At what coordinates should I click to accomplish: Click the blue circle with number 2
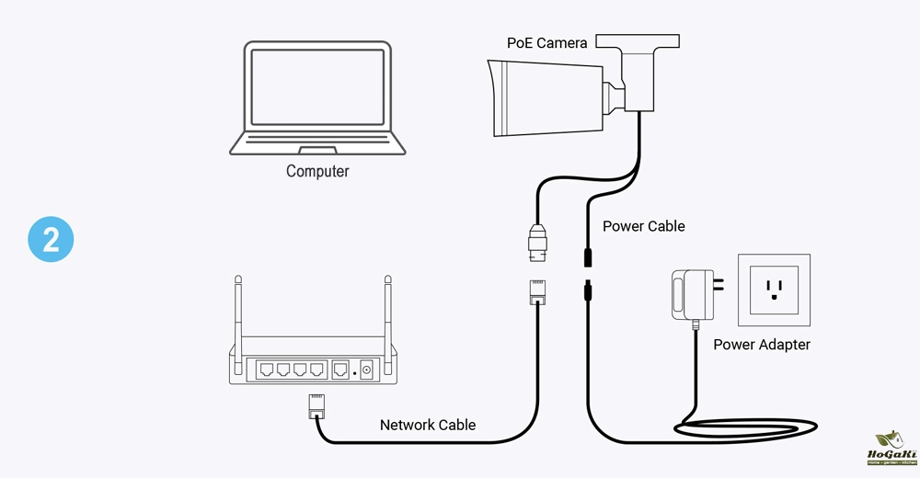click(x=50, y=239)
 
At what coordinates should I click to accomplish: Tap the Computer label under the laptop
click(x=317, y=171)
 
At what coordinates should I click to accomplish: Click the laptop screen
click(x=316, y=88)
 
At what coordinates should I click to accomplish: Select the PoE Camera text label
click(x=547, y=43)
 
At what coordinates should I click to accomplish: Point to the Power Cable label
click(x=644, y=226)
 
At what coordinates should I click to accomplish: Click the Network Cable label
click(x=428, y=425)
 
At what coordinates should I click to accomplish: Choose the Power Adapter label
click(x=762, y=345)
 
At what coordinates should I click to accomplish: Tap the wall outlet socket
click(x=776, y=290)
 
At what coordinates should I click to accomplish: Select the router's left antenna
click(x=237, y=313)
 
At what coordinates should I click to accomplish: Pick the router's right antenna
click(x=386, y=313)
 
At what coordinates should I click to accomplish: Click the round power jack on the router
click(x=367, y=370)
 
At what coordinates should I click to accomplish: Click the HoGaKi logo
click(x=887, y=450)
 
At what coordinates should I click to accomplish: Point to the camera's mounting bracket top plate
click(x=638, y=41)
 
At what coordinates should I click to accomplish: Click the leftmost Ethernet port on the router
click(x=267, y=370)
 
